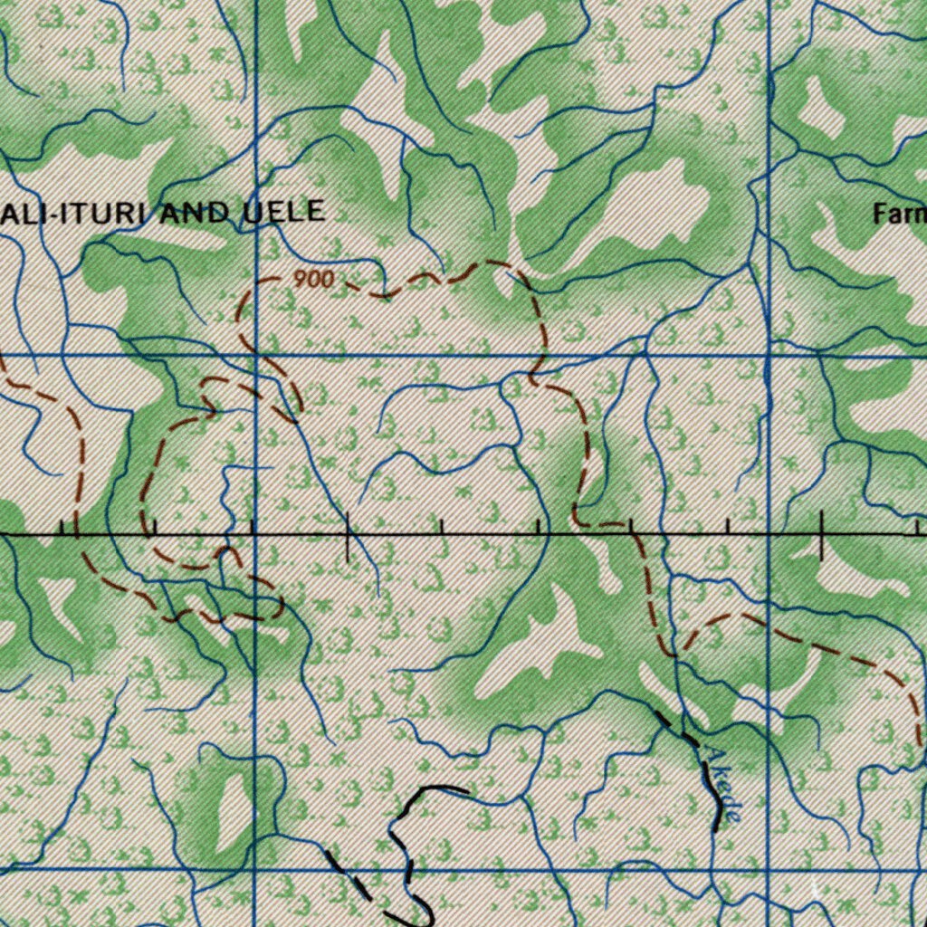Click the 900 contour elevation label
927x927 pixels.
[x=314, y=281]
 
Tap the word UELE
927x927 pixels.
[x=282, y=213]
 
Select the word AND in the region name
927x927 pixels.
[x=194, y=214]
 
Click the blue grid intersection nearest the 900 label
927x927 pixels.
[x=256, y=355]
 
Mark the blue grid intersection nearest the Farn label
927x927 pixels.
[x=768, y=355]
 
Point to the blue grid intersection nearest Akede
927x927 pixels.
[x=768, y=870]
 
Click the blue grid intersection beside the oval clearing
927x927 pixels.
[x=256, y=870]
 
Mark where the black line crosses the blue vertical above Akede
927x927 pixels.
[x=768, y=535]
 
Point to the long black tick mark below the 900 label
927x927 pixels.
[x=348, y=536]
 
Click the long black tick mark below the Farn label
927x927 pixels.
[x=821, y=534]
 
